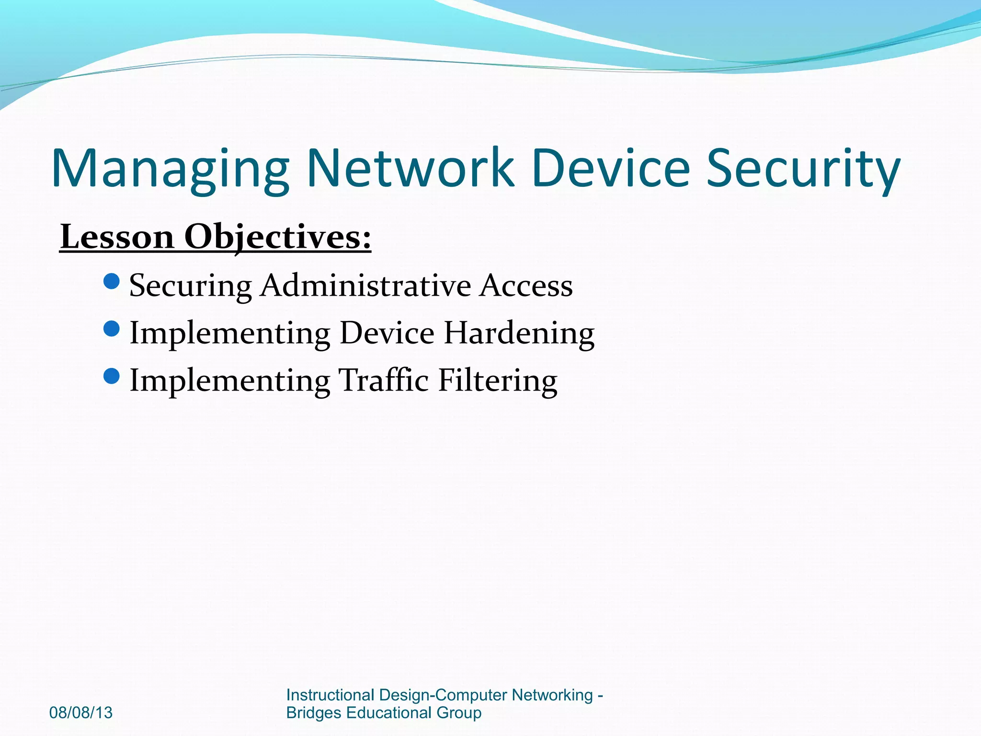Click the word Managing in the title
point(170,169)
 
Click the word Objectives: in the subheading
point(278,237)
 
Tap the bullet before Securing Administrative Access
point(111,281)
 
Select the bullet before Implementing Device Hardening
point(111,329)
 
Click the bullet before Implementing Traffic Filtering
point(111,376)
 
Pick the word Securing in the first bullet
point(190,286)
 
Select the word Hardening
point(519,333)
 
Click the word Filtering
point(498,381)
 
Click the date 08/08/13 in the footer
point(81,713)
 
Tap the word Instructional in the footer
point(330,695)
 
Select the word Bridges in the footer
point(314,713)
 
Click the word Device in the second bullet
point(387,333)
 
